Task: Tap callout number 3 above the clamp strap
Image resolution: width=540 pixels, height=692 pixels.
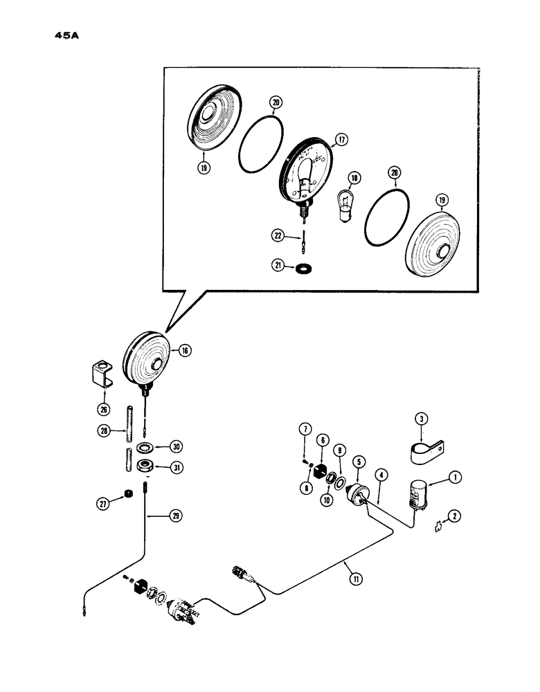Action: click(x=420, y=417)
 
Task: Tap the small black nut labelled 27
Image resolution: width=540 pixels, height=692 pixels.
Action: click(x=127, y=493)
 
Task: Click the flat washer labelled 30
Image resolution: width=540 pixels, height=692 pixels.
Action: click(x=146, y=446)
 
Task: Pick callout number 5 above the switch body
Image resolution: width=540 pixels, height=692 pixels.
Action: click(x=357, y=460)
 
